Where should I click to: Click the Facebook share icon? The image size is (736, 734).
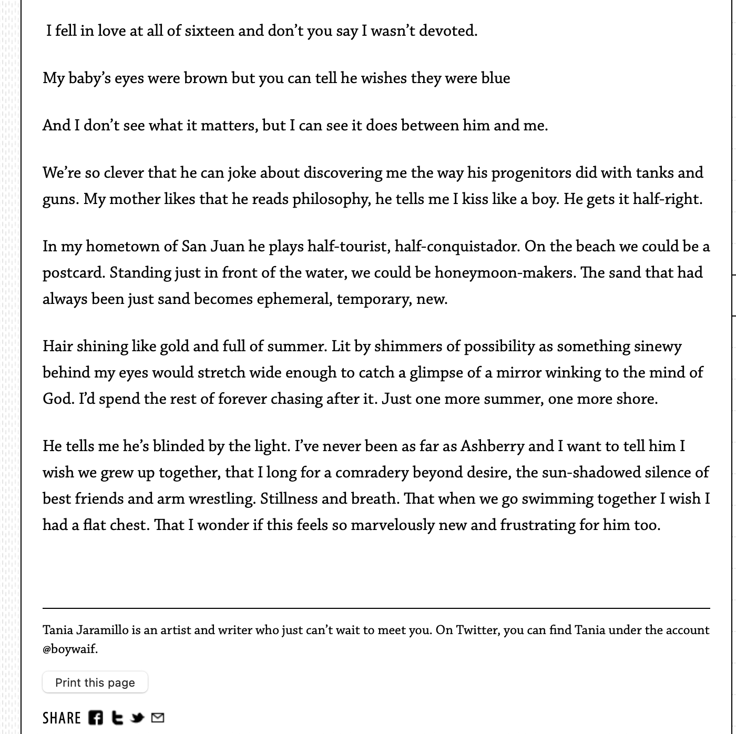pyautogui.click(x=96, y=718)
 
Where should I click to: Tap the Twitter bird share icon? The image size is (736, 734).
pyautogui.click(x=138, y=718)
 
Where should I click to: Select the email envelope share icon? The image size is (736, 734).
pyautogui.click(x=158, y=718)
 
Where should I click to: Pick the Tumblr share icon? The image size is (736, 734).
pyautogui.click(x=118, y=718)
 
